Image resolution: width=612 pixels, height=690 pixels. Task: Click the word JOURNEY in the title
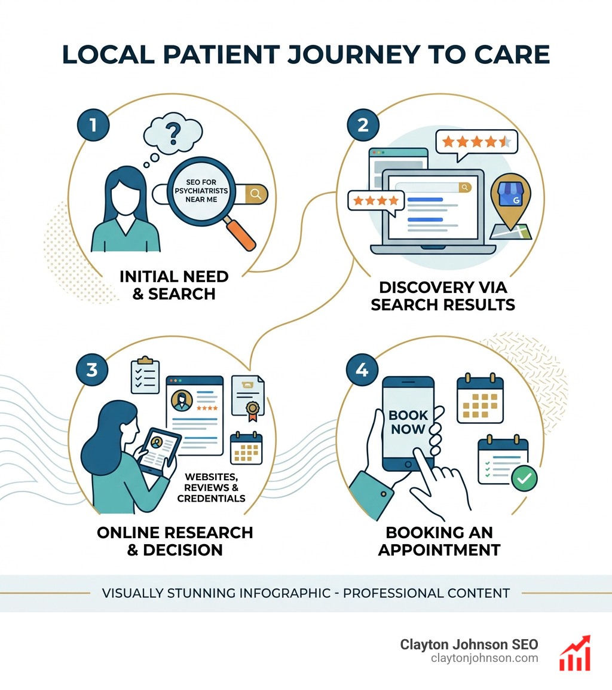click(353, 54)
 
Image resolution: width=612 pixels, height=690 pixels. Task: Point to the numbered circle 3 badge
click(92, 370)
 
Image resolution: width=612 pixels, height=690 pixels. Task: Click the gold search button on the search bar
click(256, 194)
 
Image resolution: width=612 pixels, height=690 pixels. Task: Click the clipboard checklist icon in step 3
click(145, 375)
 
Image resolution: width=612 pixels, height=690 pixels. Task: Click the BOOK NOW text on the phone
click(408, 422)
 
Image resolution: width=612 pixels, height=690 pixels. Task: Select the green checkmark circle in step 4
click(524, 478)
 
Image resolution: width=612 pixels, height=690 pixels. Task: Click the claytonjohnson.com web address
click(484, 658)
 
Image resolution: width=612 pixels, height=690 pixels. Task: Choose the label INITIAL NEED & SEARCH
click(174, 285)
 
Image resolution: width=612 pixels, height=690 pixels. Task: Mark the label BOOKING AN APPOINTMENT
click(439, 541)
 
